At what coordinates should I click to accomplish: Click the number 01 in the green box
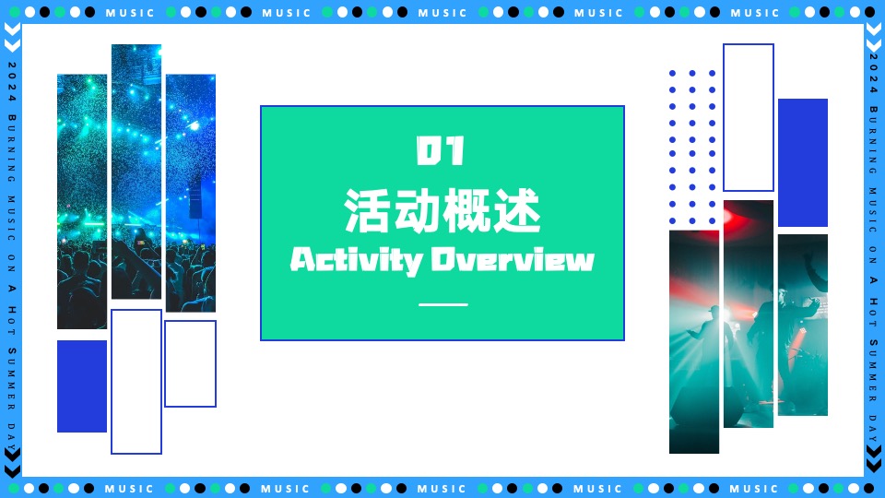pyautogui.click(x=442, y=152)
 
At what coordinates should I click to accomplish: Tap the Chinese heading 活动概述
pyautogui.click(x=442, y=210)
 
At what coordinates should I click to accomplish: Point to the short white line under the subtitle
pyautogui.click(x=443, y=303)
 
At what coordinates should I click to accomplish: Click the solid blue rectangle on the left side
pyautogui.click(x=82, y=385)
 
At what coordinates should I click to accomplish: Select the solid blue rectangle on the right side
pyautogui.click(x=802, y=162)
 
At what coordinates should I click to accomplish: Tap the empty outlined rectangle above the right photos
pyautogui.click(x=748, y=117)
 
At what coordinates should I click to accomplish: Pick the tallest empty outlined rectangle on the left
pyautogui.click(x=136, y=381)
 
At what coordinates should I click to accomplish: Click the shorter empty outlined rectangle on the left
pyautogui.click(x=190, y=363)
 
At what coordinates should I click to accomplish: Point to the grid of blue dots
pyautogui.click(x=692, y=147)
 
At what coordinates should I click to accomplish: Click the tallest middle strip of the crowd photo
pyautogui.click(x=136, y=172)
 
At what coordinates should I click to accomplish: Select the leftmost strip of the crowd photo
pyautogui.click(x=82, y=201)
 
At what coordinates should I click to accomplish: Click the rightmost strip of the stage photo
pyautogui.click(x=802, y=325)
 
